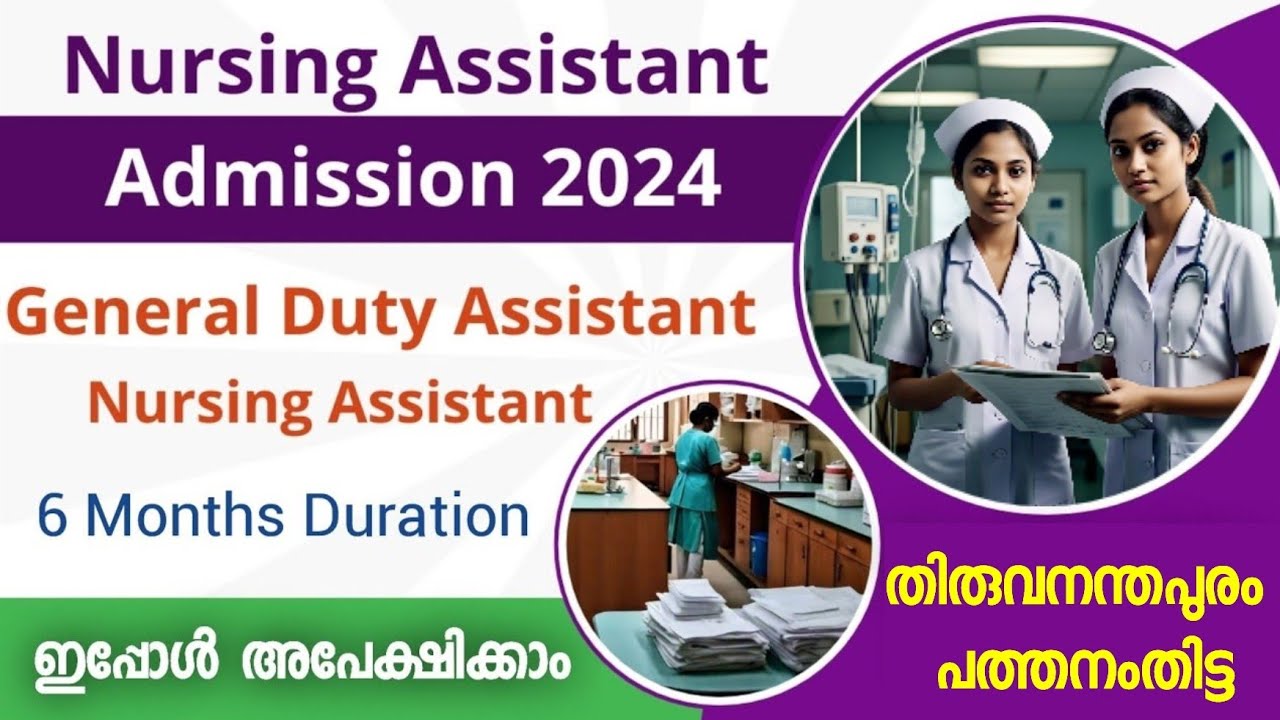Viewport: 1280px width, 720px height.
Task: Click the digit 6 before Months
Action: [x=50, y=516]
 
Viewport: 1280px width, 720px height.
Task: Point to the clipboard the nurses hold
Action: [x=1040, y=395]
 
